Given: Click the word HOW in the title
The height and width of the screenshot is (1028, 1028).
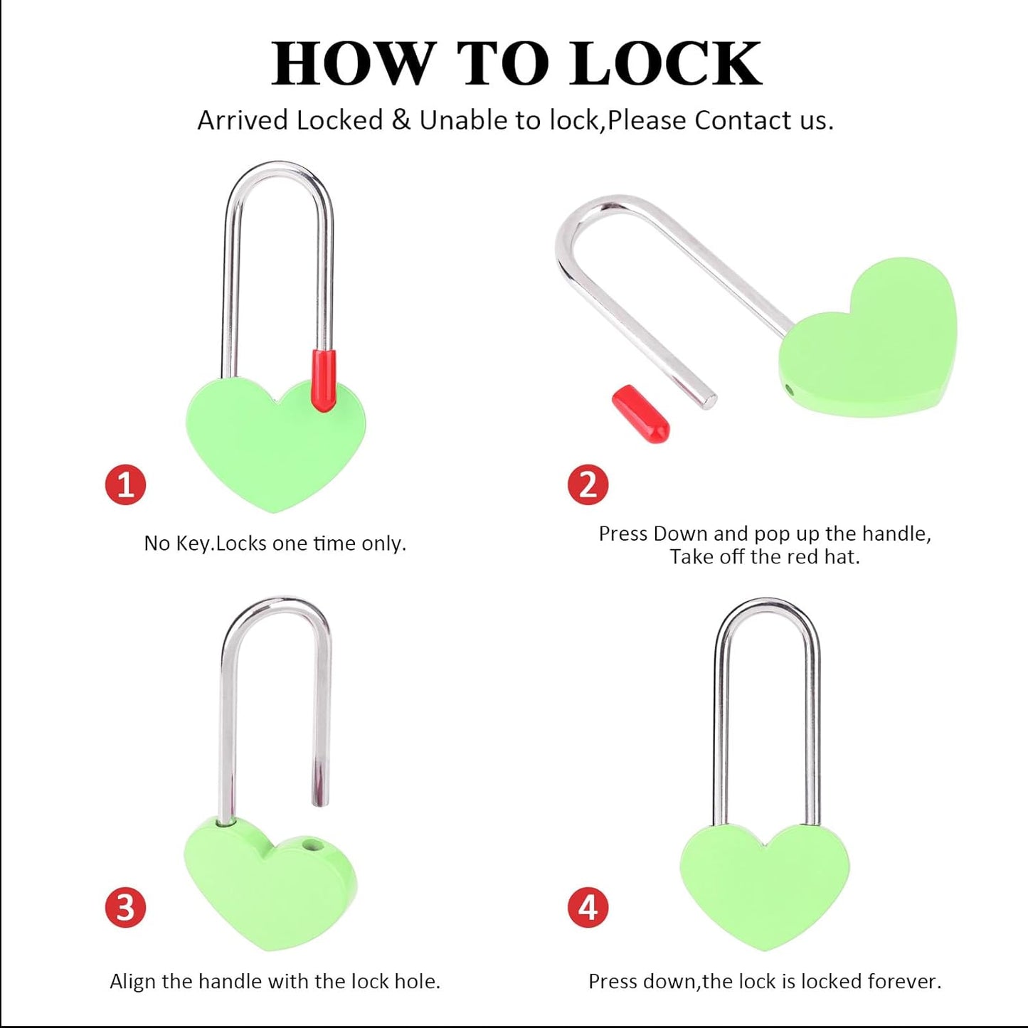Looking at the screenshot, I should pyautogui.click(x=353, y=64).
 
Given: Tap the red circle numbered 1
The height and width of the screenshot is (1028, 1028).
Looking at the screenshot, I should pyautogui.click(x=125, y=485).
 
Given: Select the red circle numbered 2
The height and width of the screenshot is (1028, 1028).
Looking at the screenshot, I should pyautogui.click(x=588, y=485).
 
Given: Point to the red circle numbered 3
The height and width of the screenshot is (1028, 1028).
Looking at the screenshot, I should pyautogui.click(x=125, y=908).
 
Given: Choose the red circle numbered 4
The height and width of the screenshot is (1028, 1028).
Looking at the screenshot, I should pyautogui.click(x=588, y=908).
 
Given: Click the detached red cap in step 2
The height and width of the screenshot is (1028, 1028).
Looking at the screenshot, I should pyautogui.click(x=640, y=413).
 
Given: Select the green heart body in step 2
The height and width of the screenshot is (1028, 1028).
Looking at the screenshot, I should pyautogui.click(x=871, y=341).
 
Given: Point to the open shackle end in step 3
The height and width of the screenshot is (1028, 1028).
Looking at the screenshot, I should pyautogui.click(x=321, y=798).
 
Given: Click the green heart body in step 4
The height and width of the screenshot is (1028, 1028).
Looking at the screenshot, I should pyautogui.click(x=765, y=886).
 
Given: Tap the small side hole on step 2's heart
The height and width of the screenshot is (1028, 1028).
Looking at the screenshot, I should pyautogui.click(x=788, y=389).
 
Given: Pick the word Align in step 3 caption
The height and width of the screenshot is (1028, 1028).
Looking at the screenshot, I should pyautogui.click(x=133, y=982).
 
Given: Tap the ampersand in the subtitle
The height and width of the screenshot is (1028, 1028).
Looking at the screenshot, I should pyautogui.click(x=401, y=120).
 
